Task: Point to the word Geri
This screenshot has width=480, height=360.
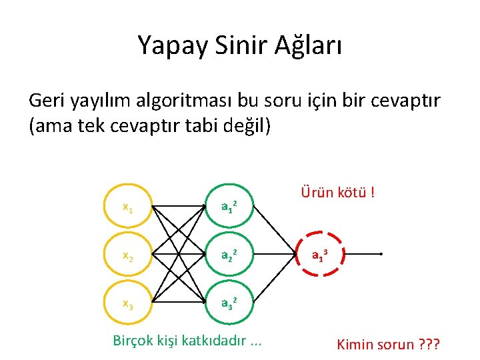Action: (50, 101)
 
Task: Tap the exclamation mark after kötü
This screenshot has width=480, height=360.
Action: (371, 193)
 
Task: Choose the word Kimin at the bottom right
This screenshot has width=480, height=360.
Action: (358, 345)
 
